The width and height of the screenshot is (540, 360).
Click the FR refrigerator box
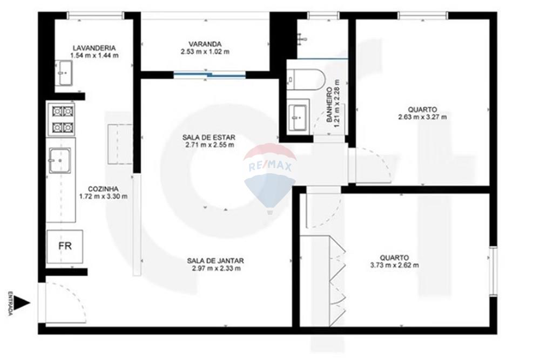65,246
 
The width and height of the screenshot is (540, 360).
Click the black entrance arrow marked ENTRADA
22,303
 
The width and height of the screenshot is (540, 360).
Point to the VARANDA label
205,44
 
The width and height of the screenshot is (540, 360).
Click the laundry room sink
64,72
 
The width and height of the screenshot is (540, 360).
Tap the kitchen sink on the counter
59,160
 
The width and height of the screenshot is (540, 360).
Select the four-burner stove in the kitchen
62,119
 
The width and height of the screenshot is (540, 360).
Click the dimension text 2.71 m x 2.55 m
210,145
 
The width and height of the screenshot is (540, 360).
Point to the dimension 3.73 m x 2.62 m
394,265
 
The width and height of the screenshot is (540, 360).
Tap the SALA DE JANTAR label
216,260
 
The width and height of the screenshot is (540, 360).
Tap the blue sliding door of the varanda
210,75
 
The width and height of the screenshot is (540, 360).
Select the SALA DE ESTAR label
210,138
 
